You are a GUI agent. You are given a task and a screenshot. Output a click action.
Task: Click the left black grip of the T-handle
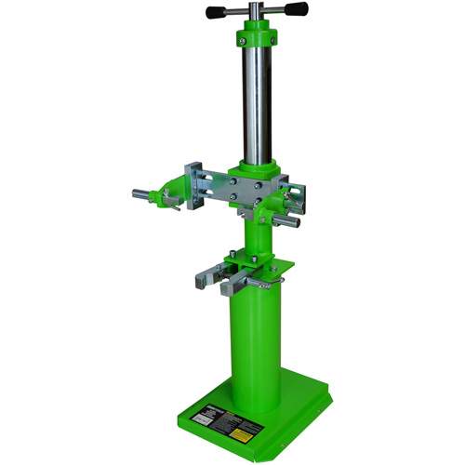217,11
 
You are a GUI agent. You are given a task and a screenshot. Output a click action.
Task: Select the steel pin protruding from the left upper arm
142,195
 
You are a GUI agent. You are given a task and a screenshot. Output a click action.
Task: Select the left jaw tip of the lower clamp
202,276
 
